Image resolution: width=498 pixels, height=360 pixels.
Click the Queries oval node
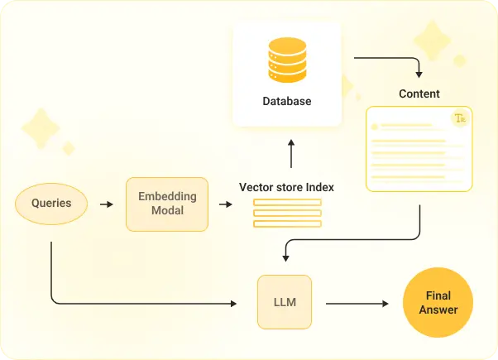click(x=51, y=203)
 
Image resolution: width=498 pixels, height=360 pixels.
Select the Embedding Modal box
click(x=167, y=204)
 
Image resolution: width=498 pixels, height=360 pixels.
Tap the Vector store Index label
click(x=286, y=187)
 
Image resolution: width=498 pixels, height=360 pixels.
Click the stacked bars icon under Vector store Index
click(x=287, y=214)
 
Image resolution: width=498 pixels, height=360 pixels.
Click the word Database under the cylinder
click(x=287, y=102)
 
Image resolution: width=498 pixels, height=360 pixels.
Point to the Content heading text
click(x=419, y=94)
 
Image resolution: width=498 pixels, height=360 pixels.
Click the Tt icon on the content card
click(x=460, y=119)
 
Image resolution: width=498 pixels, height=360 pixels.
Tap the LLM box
click(x=284, y=303)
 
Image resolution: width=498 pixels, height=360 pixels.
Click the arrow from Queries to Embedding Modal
click(x=106, y=204)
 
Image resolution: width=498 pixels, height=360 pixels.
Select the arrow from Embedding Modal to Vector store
click(x=225, y=204)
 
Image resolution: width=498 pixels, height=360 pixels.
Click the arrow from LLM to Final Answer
click(x=357, y=304)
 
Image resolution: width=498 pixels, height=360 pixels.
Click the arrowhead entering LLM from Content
click(x=285, y=257)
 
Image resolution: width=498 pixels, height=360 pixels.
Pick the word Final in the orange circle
click(x=438, y=295)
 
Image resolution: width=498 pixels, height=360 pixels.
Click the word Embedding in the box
click(x=167, y=196)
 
